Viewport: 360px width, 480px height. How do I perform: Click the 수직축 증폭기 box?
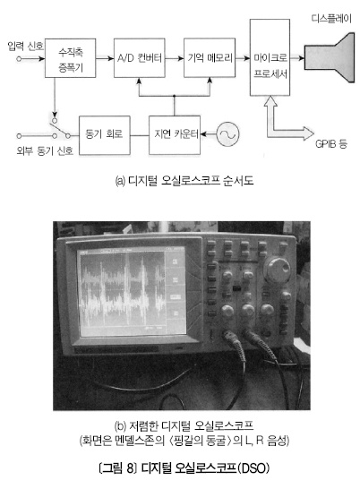[x=71, y=58]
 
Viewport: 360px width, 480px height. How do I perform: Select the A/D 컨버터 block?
[x=140, y=58]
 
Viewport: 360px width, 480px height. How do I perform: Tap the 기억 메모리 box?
[x=210, y=58]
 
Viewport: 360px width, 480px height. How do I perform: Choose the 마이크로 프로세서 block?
[x=270, y=57]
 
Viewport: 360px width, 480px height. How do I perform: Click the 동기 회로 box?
[x=105, y=135]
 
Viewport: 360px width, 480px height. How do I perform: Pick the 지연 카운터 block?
[x=175, y=135]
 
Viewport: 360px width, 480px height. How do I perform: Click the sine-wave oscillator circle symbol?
[x=227, y=134]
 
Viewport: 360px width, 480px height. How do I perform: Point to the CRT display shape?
[x=330, y=58]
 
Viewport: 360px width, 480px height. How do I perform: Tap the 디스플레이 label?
[x=331, y=19]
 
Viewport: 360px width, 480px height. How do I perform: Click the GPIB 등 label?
[x=331, y=143]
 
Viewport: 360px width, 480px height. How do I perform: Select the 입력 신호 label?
[x=26, y=47]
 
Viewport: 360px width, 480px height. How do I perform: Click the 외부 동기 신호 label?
[x=45, y=151]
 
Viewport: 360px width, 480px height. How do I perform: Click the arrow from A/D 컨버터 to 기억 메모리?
[x=175, y=58]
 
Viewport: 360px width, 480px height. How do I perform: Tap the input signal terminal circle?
[x=19, y=58]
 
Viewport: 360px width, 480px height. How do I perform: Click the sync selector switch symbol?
[x=61, y=128]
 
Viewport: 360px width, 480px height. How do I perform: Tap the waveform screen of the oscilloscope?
[x=132, y=291]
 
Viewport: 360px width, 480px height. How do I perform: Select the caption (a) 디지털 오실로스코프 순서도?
[x=184, y=180]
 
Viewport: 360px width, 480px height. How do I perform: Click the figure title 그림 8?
[x=117, y=468]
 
